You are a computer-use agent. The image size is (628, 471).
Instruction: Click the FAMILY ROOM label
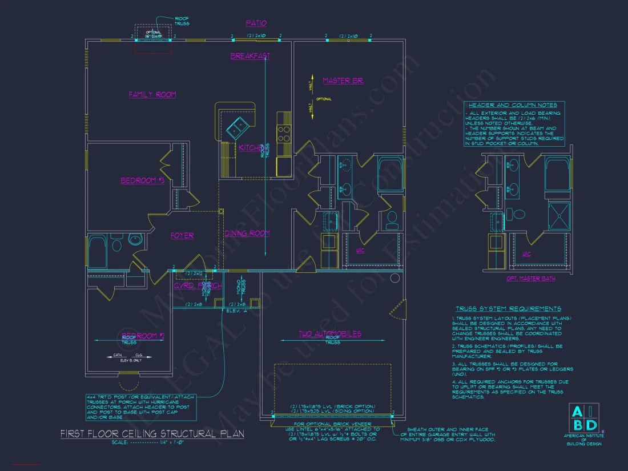tap(152, 94)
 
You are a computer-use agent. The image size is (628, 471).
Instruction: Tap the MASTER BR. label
tap(343, 80)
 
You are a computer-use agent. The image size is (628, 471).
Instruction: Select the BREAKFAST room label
tap(250, 56)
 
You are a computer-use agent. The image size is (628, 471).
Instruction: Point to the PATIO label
tap(256, 23)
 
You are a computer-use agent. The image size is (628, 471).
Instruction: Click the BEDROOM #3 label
tap(142, 180)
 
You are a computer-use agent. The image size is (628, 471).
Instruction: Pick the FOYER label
tap(182, 235)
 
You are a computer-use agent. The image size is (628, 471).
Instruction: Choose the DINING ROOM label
tap(247, 233)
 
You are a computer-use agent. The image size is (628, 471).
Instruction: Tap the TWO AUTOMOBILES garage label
tap(330, 333)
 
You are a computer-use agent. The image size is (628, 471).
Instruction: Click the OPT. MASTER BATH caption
tap(531, 279)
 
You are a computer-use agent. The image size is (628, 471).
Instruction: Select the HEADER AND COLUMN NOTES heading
tap(512, 105)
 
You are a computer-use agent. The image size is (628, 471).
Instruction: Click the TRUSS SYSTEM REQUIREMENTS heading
tap(508, 309)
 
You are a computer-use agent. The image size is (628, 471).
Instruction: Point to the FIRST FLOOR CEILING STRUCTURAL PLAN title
tap(152, 434)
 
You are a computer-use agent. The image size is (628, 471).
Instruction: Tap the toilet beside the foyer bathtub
tap(116, 245)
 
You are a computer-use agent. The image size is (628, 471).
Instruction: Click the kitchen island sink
tap(237, 124)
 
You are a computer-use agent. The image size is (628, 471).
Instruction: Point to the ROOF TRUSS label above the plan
tap(182, 21)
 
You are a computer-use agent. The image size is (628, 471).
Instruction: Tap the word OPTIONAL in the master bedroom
tap(324, 99)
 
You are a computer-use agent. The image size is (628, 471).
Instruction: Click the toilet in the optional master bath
tap(518, 214)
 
